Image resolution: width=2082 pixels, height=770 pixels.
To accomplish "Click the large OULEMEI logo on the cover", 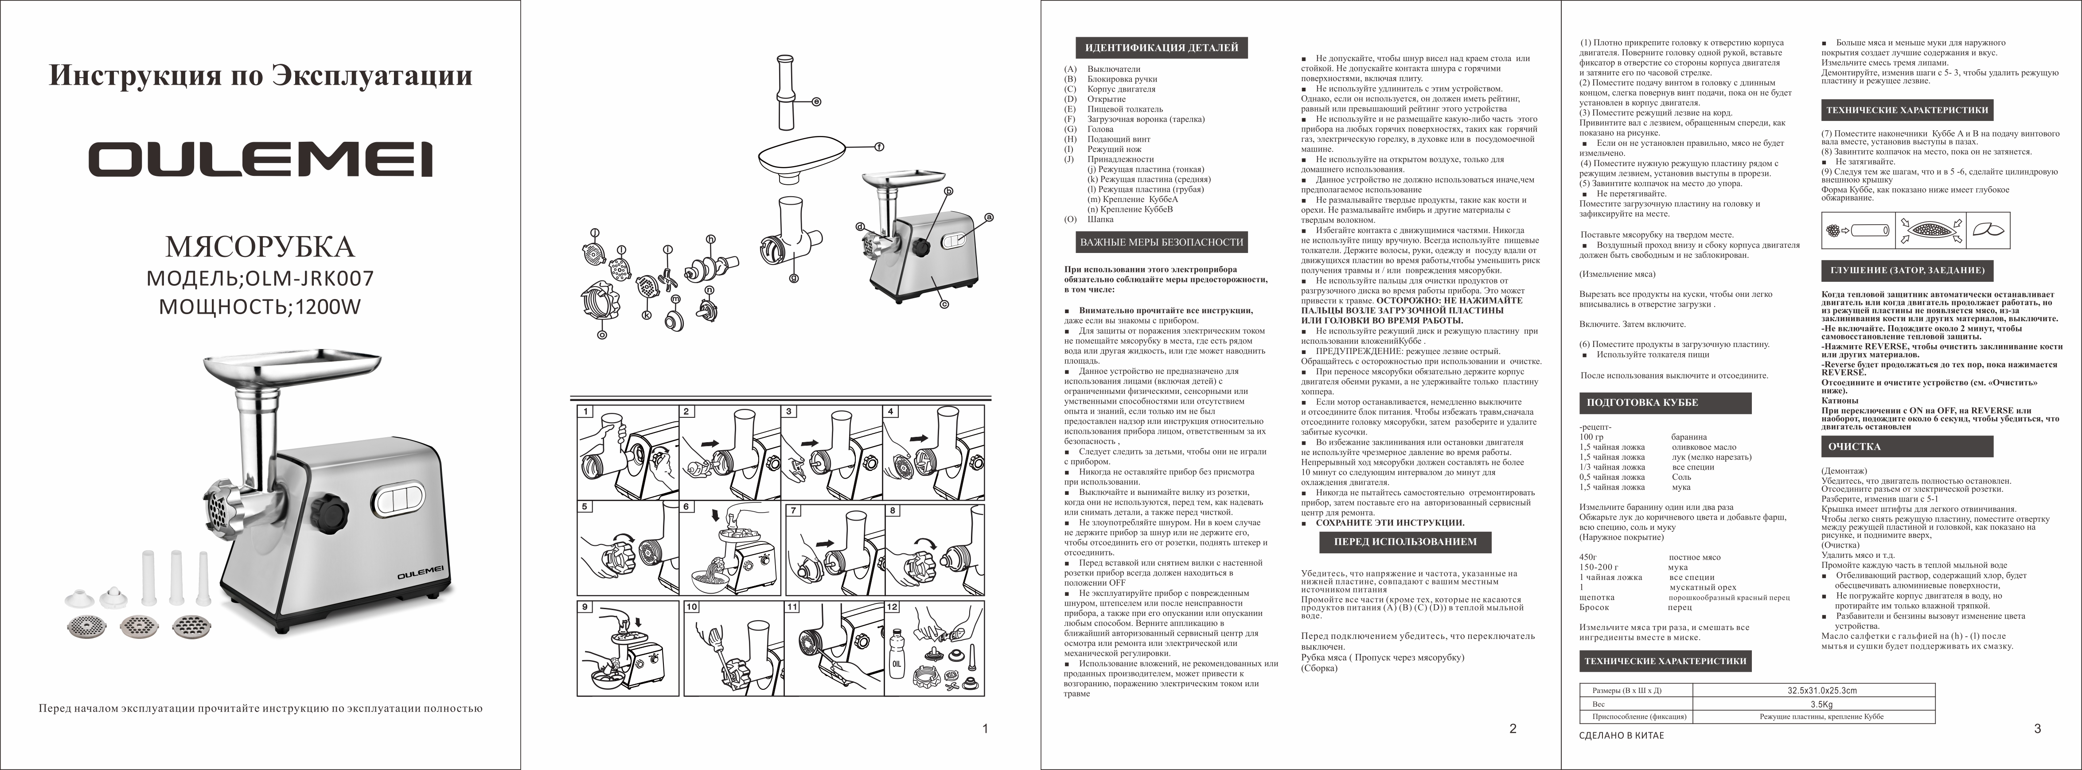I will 260,159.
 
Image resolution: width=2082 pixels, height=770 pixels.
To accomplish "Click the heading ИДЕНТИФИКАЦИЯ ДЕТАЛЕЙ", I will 1162,48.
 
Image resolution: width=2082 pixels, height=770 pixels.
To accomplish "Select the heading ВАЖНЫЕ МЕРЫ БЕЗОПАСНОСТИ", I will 1162,241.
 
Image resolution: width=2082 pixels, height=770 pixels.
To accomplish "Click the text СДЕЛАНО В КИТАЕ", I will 1621,735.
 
